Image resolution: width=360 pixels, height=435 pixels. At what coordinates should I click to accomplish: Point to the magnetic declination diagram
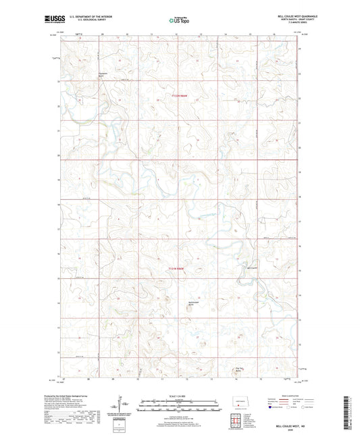[123, 409]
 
